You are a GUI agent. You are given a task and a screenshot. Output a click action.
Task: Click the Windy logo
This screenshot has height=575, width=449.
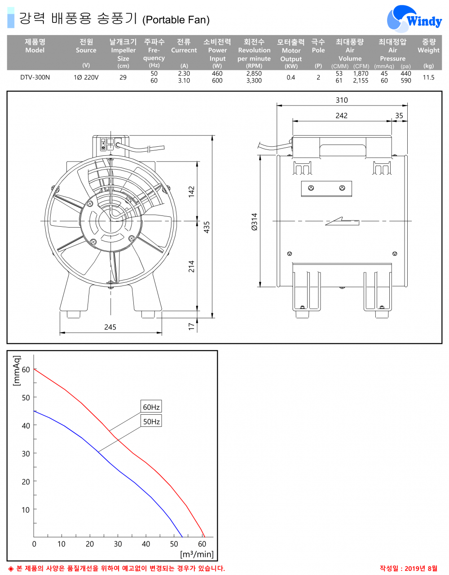click(414, 20)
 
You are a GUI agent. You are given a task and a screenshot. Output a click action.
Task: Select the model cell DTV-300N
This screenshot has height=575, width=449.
click(35, 77)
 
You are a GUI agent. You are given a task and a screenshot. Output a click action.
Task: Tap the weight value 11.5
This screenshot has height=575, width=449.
click(428, 77)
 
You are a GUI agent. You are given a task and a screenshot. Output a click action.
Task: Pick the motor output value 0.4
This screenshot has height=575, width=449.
click(291, 77)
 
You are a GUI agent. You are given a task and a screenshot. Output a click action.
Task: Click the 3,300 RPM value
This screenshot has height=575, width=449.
click(254, 81)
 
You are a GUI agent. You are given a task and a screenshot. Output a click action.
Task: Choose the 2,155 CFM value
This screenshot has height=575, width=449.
click(361, 81)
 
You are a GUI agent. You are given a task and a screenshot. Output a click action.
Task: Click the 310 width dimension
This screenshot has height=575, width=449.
click(342, 100)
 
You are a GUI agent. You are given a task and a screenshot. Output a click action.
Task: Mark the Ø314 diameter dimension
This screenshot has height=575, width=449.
click(255, 222)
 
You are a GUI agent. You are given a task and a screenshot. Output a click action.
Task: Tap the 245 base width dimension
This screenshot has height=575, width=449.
click(110, 327)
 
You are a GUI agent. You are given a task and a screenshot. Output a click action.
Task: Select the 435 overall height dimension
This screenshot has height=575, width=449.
click(207, 227)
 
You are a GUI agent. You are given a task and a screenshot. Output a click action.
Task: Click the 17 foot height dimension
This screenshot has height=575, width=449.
click(192, 326)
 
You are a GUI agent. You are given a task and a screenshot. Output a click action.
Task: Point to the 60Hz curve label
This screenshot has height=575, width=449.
click(151, 407)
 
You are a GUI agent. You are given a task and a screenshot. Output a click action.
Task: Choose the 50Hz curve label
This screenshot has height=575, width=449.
click(151, 421)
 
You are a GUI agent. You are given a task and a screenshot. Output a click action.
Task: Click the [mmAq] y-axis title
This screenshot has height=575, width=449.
click(17, 371)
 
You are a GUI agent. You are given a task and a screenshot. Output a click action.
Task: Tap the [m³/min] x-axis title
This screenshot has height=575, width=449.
click(197, 554)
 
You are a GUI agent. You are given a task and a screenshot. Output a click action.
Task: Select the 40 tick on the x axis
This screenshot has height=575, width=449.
click(146, 544)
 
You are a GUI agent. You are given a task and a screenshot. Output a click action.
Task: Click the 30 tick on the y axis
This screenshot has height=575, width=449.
click(26, 453)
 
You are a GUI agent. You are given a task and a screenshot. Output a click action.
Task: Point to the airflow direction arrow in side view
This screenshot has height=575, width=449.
click(342, 221)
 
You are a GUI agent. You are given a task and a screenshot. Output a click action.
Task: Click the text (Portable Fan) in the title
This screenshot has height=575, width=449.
click(176, 20)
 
